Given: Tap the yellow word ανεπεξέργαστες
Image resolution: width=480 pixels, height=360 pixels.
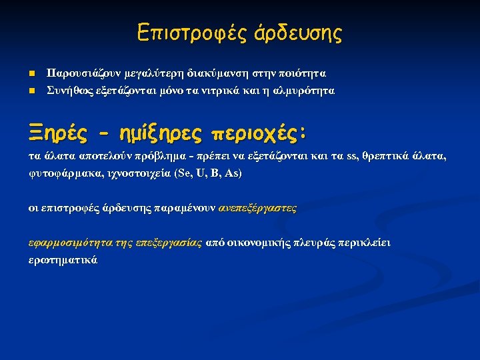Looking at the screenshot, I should (x=257, y=208).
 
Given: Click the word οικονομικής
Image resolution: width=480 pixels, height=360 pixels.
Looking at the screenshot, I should (x=257, y=243).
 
